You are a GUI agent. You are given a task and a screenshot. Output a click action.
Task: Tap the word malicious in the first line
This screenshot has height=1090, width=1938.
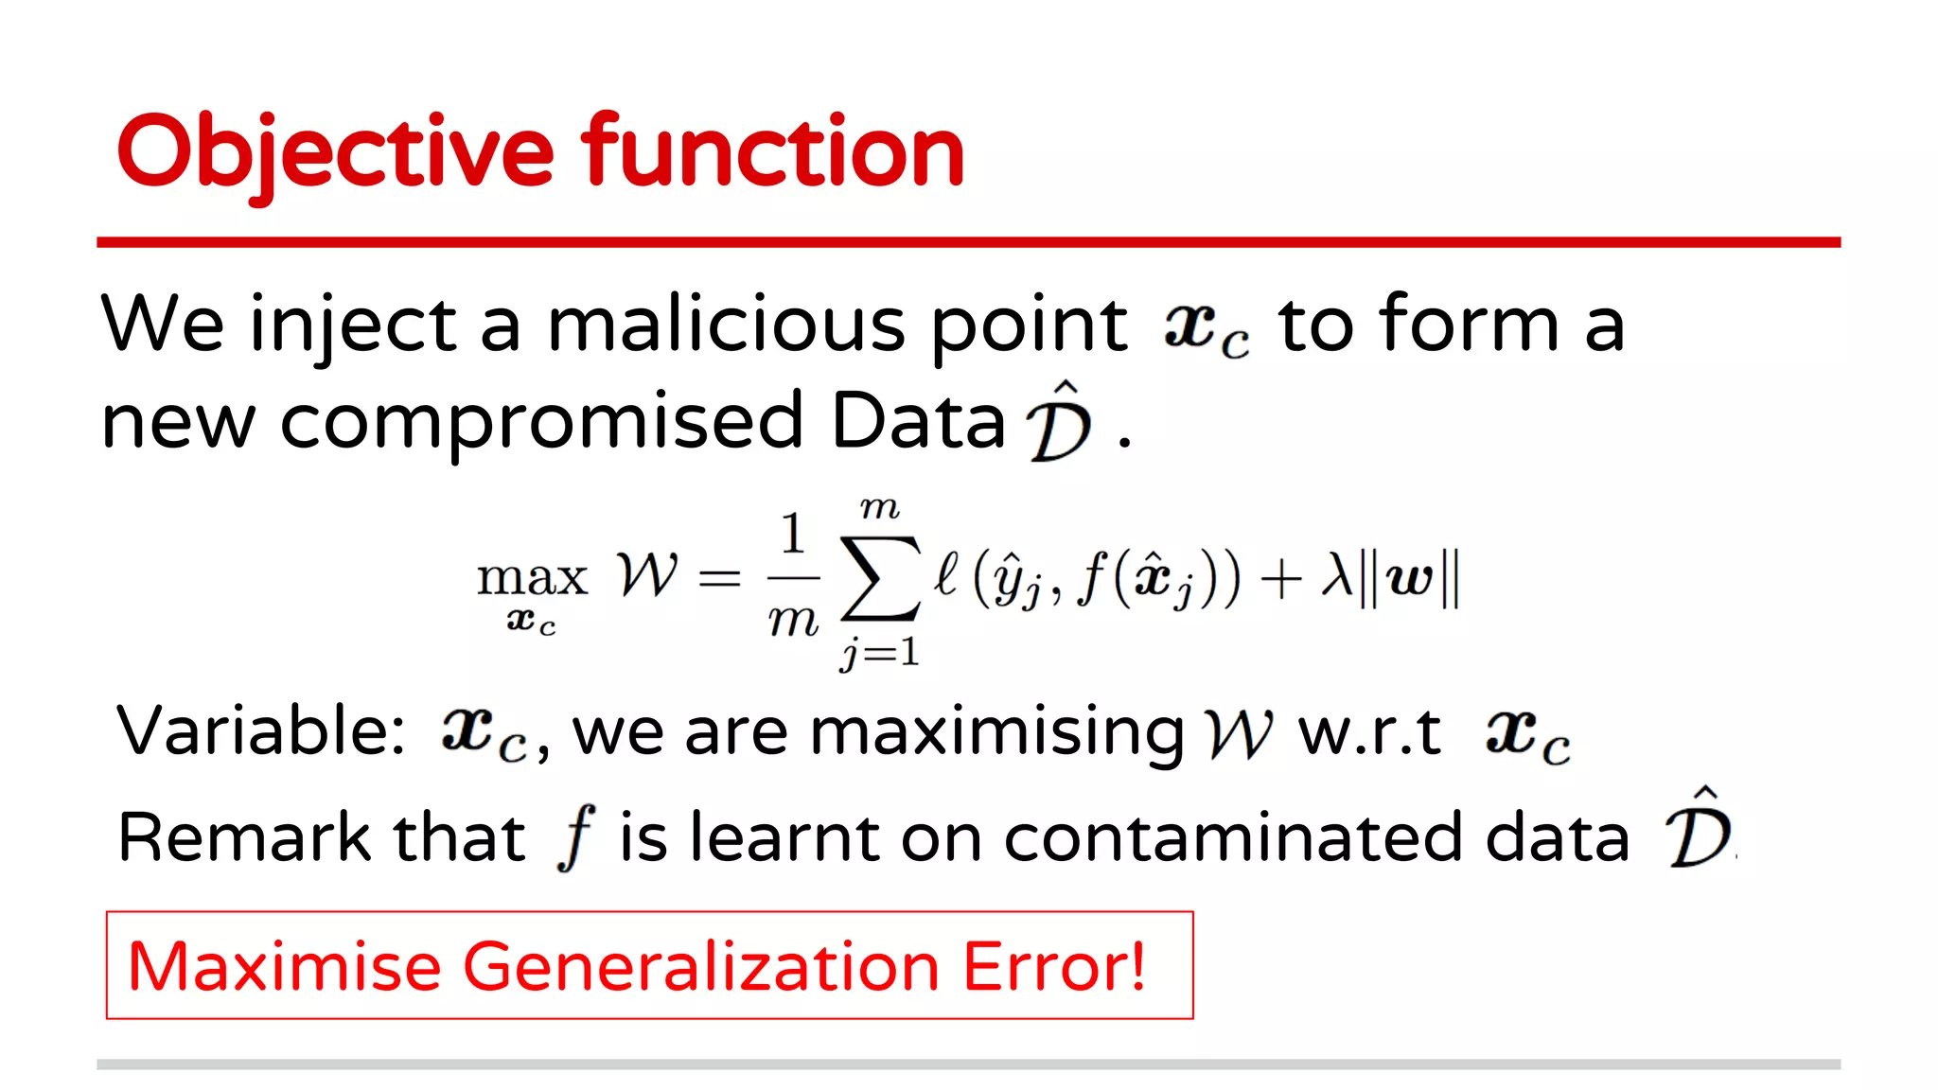[x=726, y=325]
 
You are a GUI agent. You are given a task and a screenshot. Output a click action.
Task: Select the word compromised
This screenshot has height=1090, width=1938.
[x=541, y=421]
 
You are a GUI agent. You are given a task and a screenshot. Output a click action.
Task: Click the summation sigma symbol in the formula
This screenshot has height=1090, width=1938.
[x=880, y=577]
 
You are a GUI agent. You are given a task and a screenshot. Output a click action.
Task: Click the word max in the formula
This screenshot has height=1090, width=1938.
[x=532, y=577]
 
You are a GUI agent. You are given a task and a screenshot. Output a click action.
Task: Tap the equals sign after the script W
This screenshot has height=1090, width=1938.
[x=719, y=577]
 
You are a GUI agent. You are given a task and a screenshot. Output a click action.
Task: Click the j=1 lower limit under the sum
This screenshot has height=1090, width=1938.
[x=880, y=652]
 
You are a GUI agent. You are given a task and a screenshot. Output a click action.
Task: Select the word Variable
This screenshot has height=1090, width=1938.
[x=260, y=731]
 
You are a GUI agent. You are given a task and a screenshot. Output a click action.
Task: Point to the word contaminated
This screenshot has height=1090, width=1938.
[x=1316, y=838]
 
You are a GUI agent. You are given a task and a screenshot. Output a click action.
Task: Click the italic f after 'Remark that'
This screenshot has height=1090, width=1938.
[x=575, y=837]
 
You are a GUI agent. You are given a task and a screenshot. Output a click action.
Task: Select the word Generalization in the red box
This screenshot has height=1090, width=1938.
[x=701, y=967]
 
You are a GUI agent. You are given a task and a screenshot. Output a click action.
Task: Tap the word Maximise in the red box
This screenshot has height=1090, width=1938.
[x=285, y=967]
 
